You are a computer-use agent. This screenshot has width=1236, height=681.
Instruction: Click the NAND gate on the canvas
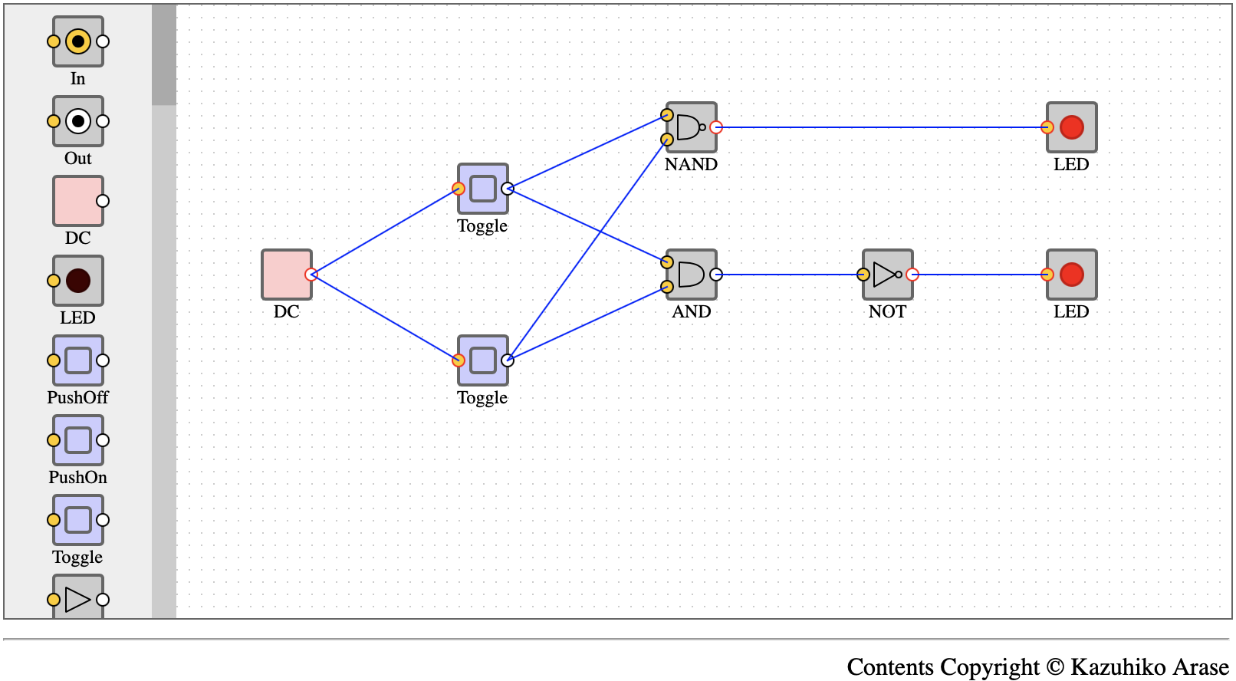[x=691, y=127]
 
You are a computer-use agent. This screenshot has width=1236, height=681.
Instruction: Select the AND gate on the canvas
[x=691, y=275]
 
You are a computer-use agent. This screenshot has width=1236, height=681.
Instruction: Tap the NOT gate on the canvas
[x=887, y=275]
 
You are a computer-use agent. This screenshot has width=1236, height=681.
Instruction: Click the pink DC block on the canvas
[x=286, y=275]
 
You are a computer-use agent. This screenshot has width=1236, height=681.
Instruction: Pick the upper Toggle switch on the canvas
[x=483, y=189]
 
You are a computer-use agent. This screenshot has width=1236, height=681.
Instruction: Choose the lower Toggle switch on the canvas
[x=483, y=360]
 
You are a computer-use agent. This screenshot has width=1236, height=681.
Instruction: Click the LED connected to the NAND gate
[x=1072, y=127]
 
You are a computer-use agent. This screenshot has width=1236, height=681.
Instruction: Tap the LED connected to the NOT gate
[x=1072, y=275]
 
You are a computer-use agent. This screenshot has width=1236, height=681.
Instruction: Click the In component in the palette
[x=77, y=41]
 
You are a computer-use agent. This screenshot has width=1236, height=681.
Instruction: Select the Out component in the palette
[x=77, y=121]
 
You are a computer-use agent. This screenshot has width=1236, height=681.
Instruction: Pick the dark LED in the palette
[x=77, y=281]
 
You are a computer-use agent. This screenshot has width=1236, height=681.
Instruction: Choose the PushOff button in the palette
[x=77, y=360]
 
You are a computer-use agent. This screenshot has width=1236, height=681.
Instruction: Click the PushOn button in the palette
[x=77, y=440]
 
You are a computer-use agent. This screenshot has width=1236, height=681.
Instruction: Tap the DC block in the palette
[x=77, y=201]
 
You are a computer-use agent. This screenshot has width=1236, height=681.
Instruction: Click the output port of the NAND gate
[x=715, y=127]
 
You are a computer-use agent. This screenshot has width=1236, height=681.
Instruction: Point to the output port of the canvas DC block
[x=311, y=275]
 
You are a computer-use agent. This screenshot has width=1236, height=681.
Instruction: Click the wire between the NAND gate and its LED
[x=881, y=127]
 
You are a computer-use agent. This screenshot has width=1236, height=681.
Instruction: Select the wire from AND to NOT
[x=789, y=275]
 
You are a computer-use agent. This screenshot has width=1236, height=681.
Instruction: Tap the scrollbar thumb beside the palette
[x=164, y=54]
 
